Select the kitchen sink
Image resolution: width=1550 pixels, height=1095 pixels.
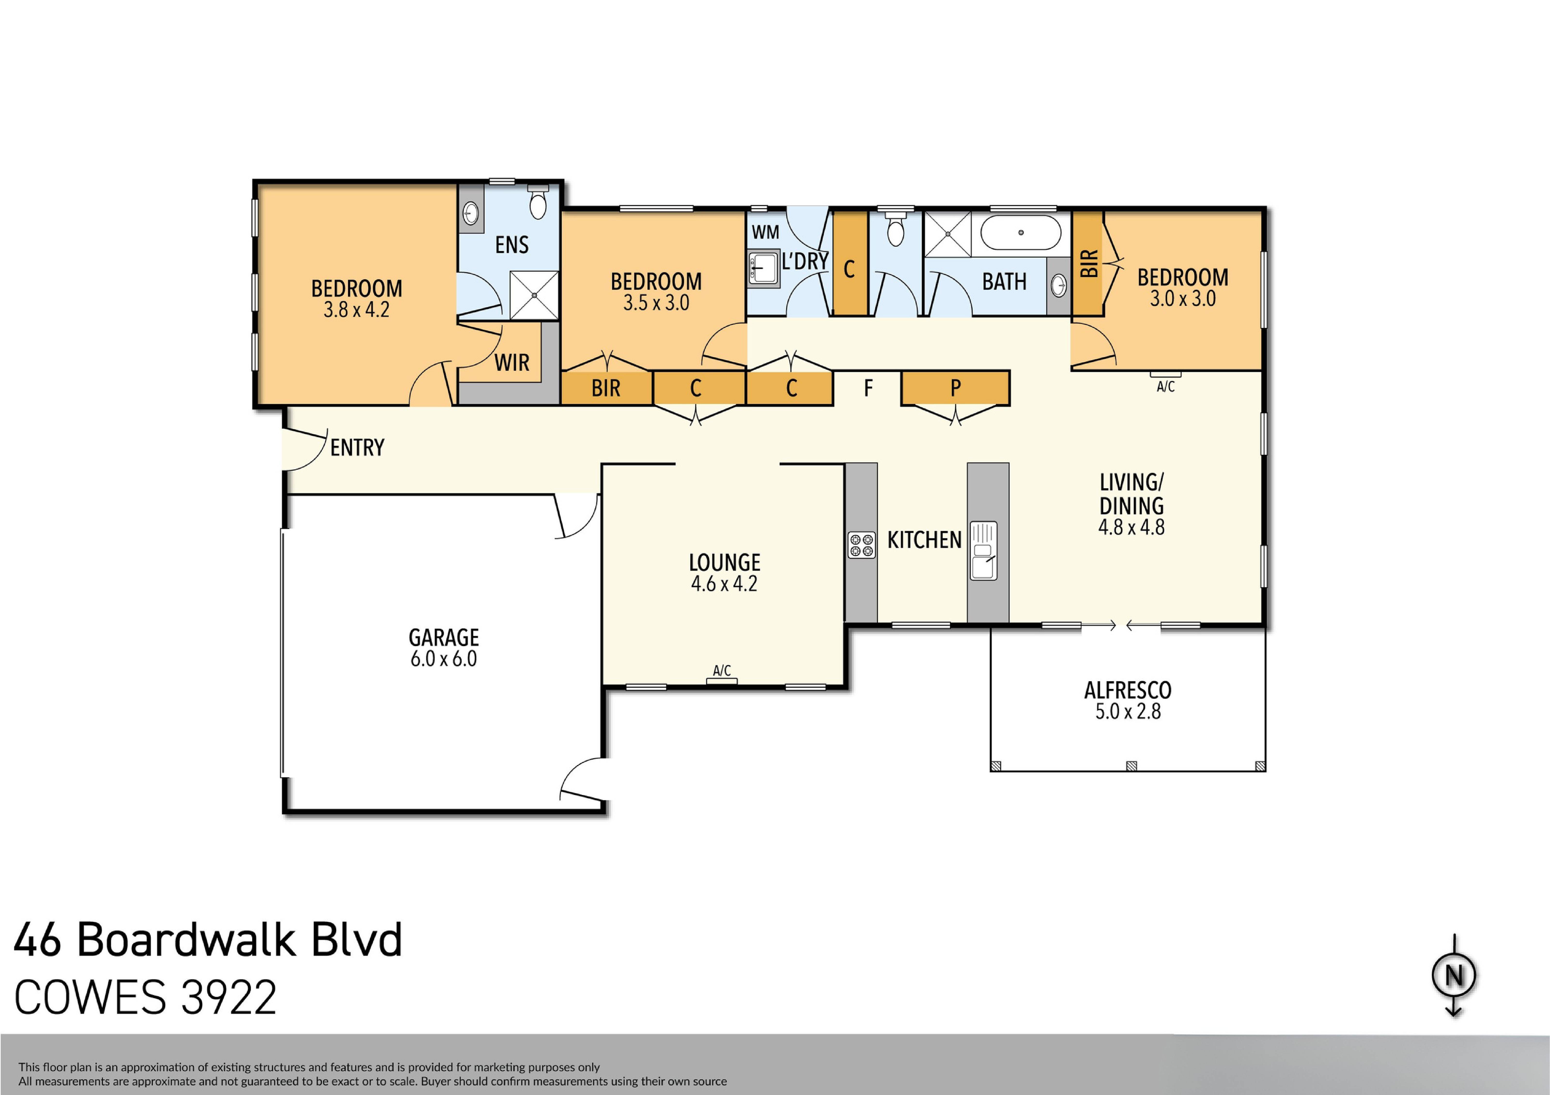[983, 550]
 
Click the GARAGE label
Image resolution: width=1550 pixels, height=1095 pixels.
[443, 637]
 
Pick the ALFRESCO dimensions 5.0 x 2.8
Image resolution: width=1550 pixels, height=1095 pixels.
[1127, 711]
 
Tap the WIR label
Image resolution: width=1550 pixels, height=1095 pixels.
[512, 363]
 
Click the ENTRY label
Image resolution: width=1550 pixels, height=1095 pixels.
[357, 447]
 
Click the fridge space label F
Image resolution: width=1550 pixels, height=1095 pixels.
[868, 388]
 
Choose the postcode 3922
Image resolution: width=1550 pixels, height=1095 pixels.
[229, 998]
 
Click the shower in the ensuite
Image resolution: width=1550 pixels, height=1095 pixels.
[534, 295]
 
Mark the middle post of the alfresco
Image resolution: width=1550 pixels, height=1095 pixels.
[1131, 765]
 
